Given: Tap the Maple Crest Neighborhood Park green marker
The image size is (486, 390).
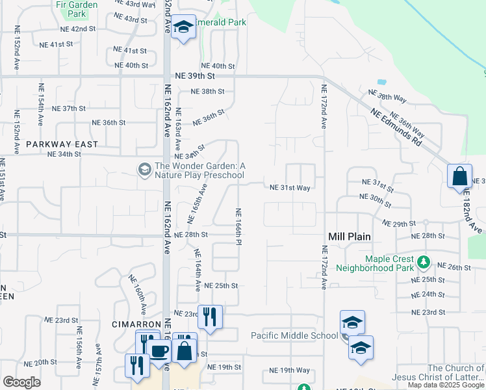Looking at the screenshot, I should click(x=424, y=263).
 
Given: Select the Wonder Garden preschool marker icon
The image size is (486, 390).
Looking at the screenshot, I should click(x=144, y=170).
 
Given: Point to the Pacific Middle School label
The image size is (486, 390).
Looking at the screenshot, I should click(x=294, y=335).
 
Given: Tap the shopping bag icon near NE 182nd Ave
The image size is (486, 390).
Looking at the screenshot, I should click(x=459, y=176).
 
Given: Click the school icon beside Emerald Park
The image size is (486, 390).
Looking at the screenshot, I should click(x=184, y=28).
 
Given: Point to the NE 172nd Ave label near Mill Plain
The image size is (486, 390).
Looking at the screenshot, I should click(x=324, y=267).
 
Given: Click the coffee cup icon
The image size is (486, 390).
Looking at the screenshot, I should click(x=160, y=351).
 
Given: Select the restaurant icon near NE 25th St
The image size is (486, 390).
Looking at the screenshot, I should click(x=209, y=317).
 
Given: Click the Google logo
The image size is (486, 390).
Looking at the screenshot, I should click(x=21, y=382).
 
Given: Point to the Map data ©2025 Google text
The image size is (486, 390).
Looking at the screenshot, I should click(x=445, y=385).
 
